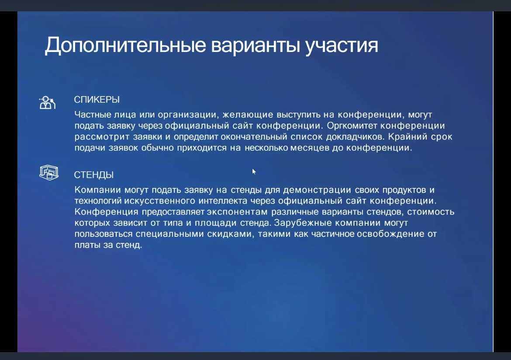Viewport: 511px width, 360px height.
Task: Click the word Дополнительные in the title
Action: (x=125, y=45)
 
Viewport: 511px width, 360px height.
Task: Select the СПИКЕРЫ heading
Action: (x=97, y=100)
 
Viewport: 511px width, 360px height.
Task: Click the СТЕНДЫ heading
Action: (x=94, y=175)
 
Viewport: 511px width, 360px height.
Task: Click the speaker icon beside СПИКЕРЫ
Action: (x=48, y=103)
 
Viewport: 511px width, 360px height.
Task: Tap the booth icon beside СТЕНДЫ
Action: (x=49, y=173)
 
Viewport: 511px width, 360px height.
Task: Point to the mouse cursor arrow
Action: (x=254, y=172)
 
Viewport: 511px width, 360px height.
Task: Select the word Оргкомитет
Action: (x=352, y=125)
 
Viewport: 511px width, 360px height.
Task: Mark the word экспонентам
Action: (x=237, y=212)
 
